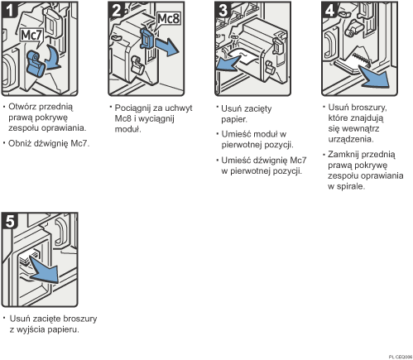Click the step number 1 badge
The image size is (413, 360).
click(10, 11)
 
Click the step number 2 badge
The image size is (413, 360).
click(117, 11)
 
